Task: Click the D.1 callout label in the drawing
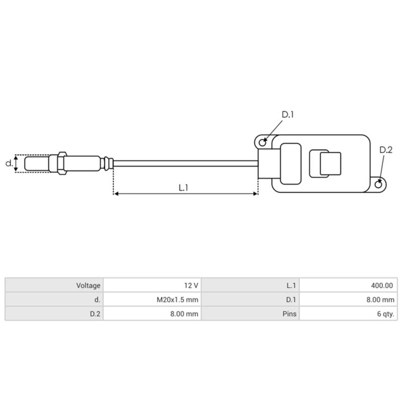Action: pyautogui.click(x=288, y=115)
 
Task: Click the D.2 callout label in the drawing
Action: pyautogui.click(x=386, y=150)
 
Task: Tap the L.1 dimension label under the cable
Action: pyautogui.click(x=184, y=187)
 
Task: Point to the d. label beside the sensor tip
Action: pyautogui.click(x=8, y=164)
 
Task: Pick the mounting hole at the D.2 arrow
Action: pyautogui.click(x=378, y=184)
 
